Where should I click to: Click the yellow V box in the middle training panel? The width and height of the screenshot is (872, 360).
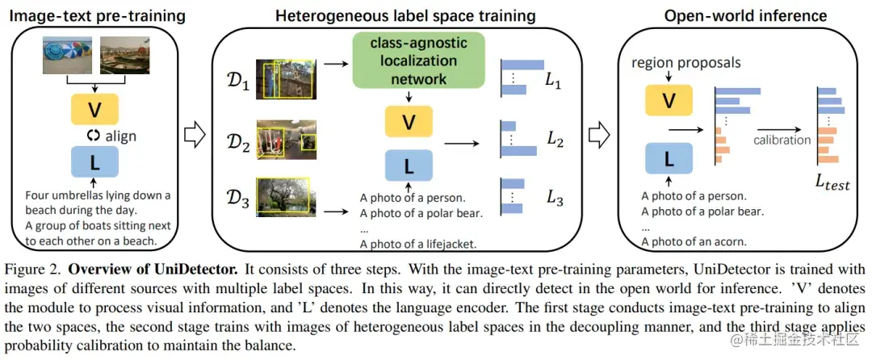pyautogui.click(x=408, y=122)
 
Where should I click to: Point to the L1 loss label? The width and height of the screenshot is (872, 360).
pyautogui.click(x=553, y=82)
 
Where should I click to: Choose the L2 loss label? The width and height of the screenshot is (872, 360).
pyautogui.click(x=555, y=140)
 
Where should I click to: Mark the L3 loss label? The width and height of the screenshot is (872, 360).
pyautogui.click(x=555, y=198)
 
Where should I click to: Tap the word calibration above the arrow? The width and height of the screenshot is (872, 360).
pyautogui.click(x=782, y=140)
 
